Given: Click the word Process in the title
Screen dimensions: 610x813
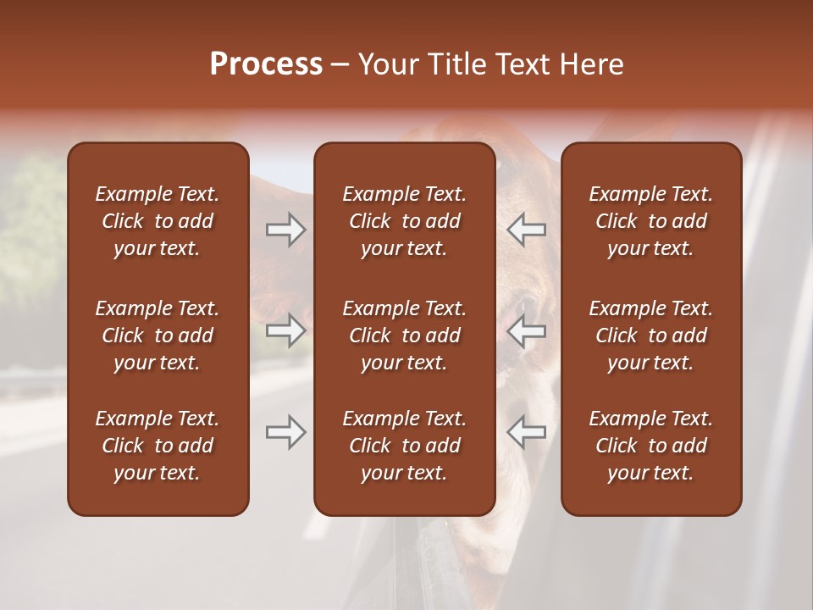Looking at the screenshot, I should pos(266,64).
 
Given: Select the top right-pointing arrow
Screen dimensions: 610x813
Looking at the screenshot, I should pos(285,230).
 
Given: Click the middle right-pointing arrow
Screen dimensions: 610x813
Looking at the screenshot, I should pos(285,330).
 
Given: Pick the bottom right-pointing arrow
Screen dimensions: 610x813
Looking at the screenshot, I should pos(285,433).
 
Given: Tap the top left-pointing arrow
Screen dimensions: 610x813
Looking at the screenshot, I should pos(527,230).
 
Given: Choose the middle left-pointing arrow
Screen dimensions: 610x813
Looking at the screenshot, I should pos(527,330).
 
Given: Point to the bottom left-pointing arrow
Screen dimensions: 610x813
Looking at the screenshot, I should pos(527,433).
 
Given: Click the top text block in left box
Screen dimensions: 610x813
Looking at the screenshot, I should pos(158,221).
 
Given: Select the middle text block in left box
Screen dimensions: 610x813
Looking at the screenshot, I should pos(158,335).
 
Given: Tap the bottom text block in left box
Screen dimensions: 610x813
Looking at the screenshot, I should pos(158,446).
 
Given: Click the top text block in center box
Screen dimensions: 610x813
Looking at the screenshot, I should pos(405,221).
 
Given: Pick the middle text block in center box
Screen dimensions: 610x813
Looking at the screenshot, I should pos(405,335).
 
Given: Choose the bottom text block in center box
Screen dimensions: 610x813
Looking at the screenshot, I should pos(405,446).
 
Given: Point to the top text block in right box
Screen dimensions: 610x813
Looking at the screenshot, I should pos(651,221).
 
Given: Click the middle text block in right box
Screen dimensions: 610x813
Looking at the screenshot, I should pos(651,335).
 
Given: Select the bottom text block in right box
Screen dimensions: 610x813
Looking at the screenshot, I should pos(651,446).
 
